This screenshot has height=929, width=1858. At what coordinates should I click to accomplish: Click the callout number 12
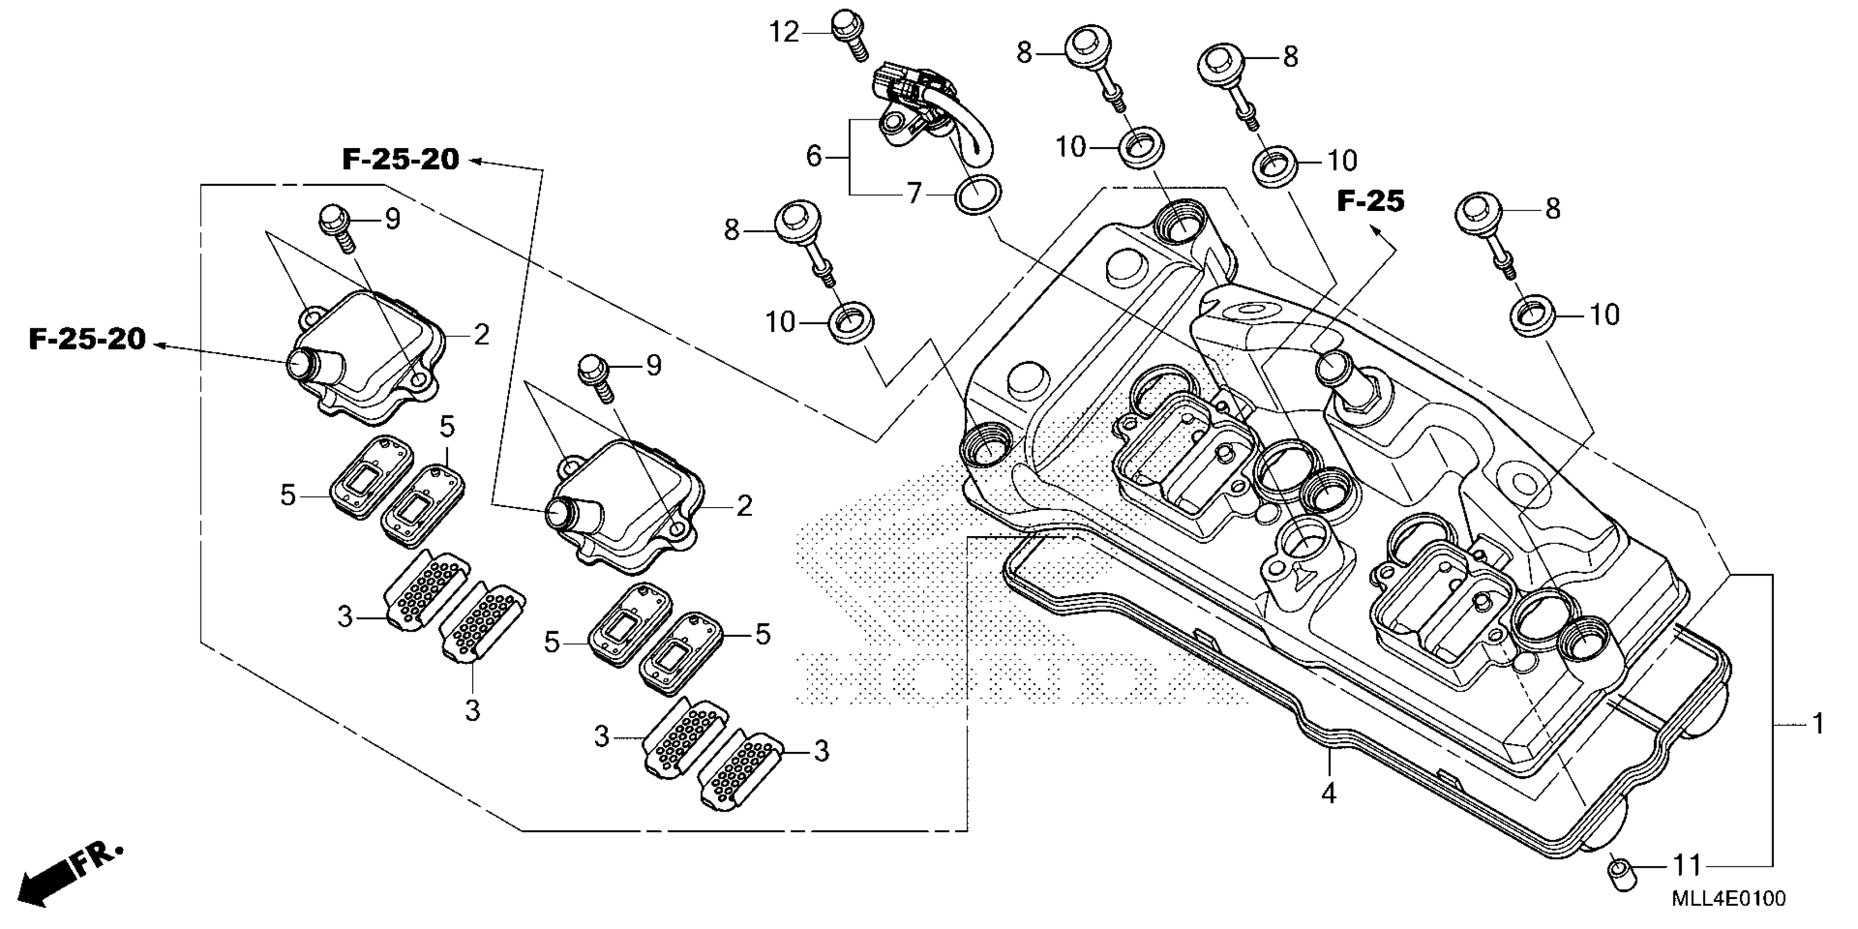coord(784,32)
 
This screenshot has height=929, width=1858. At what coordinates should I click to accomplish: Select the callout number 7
coord(914,193)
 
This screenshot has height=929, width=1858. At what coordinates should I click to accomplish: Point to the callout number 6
coord(814,156)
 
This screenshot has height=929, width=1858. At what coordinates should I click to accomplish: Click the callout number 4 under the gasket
coord(1328,793)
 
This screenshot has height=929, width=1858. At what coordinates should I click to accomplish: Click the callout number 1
coord(1818,724)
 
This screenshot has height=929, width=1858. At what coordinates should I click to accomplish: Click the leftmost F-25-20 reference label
coord(87,338)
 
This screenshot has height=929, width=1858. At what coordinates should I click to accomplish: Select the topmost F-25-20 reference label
coord(401,160)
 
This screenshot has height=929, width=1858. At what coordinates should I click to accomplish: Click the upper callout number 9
coord(393,219)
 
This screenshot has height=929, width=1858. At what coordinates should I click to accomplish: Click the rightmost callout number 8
coord(1552,209)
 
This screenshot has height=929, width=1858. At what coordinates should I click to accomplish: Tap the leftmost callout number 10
coord(780,322)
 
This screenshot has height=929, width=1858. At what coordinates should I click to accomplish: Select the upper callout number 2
coord(482,334)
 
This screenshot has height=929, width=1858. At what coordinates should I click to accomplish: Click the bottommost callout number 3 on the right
coord(821,751)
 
